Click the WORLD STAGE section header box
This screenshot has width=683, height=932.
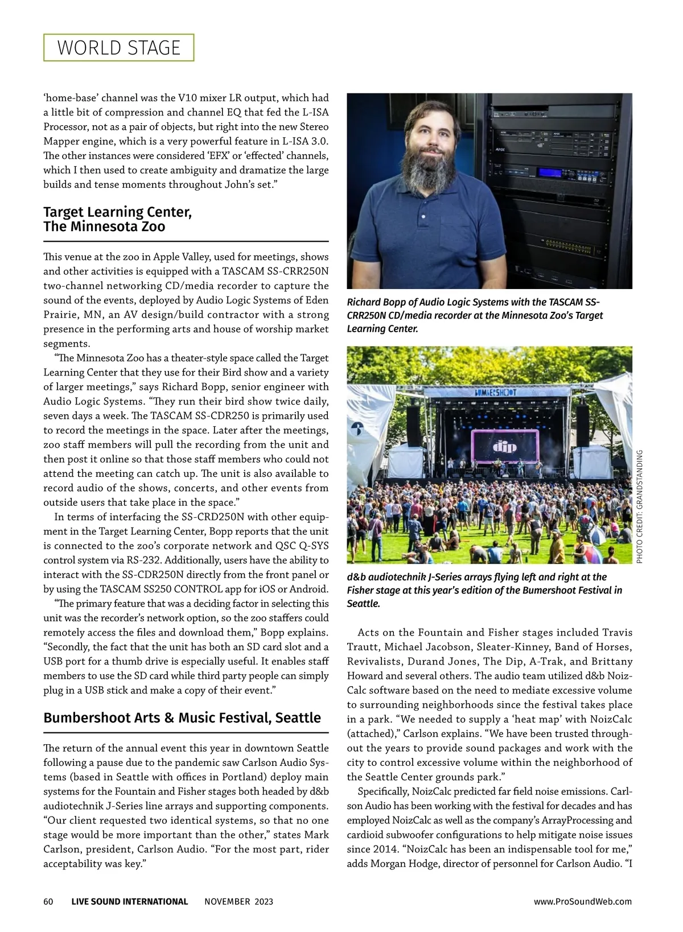click(118, 48)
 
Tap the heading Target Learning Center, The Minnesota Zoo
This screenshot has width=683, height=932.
click(117, 219)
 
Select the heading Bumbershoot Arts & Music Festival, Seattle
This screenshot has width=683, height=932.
click(182, 717)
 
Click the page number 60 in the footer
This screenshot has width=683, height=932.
click(48, 901)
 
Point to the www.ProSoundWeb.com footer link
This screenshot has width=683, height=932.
click(582, 901)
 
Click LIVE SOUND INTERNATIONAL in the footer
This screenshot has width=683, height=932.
click(130, 901)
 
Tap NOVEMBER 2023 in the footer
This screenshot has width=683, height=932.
click(238, 901)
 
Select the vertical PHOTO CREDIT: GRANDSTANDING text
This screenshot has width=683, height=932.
click(639, 506)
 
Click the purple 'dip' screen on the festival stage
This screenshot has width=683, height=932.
click(504, 446)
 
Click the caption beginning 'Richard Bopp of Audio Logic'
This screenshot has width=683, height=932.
click(475, 315)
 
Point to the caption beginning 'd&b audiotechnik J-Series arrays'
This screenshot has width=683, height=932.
click(484, 590)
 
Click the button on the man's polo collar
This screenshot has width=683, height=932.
click(423, 217)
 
